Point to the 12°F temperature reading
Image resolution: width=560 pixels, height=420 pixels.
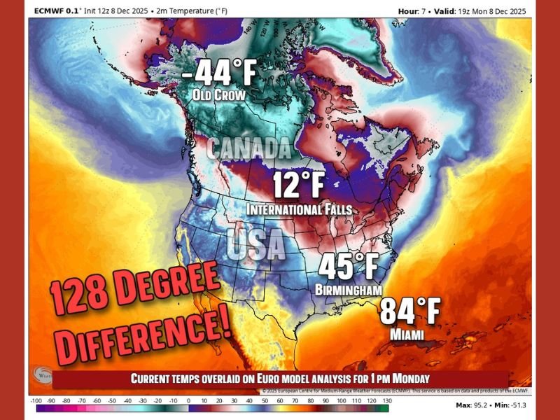300,186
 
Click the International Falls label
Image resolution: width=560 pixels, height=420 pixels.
300,209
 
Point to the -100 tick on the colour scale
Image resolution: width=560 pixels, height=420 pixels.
36,400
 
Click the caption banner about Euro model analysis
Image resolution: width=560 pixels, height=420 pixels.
281,379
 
